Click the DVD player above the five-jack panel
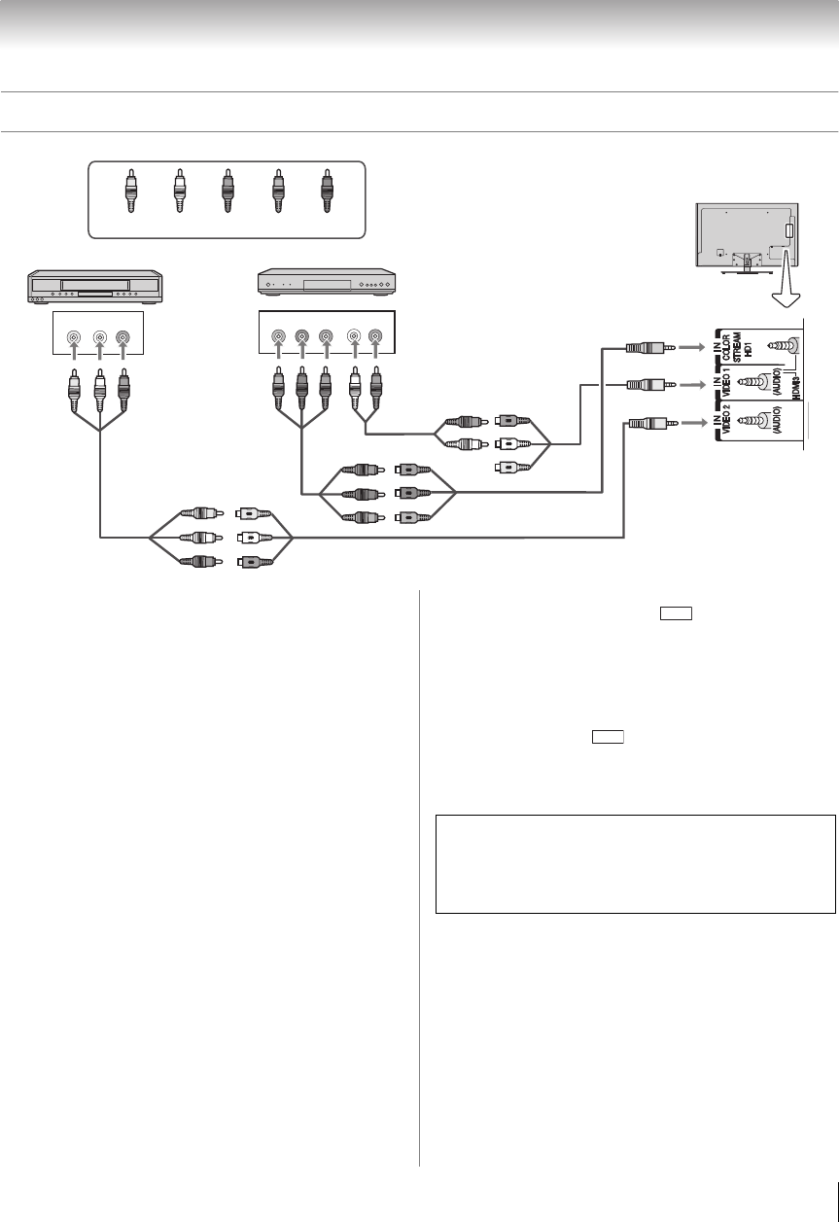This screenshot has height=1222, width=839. [326, 284]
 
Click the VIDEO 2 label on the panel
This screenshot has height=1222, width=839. [723, 428]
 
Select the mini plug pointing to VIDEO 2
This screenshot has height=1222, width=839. [645, 424]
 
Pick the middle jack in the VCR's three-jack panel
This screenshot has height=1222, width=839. [99, 339]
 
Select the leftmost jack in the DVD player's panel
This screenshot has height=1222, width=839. [279, 339]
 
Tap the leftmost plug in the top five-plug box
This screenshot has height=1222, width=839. [130, 192]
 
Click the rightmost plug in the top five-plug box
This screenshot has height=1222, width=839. [326, 192]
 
